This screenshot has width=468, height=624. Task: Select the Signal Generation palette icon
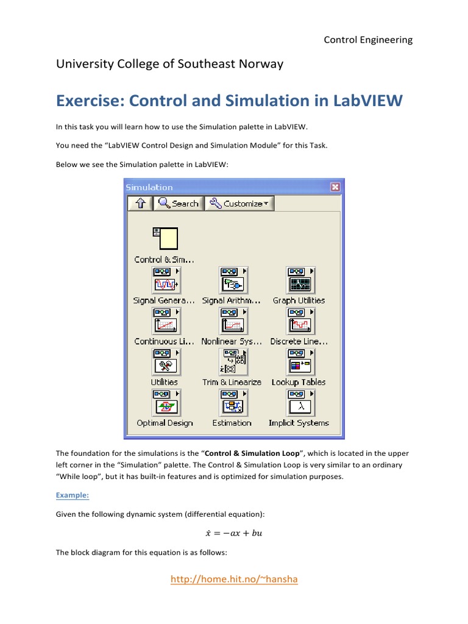(165, 280)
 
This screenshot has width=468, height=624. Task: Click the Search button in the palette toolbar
(177, 204)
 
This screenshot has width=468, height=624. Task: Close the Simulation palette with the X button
(335, 187)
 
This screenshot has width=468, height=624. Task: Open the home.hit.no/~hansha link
(234, 580)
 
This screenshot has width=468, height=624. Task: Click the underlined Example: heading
(73, 495)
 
